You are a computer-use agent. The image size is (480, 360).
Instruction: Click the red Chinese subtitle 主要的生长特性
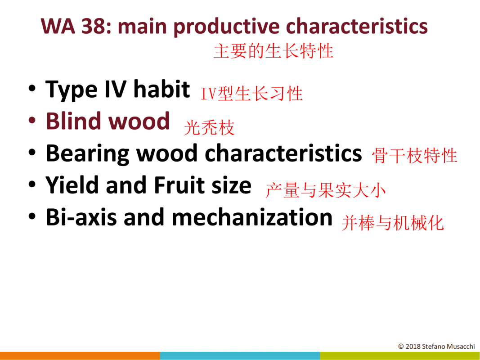(x=274, y=51)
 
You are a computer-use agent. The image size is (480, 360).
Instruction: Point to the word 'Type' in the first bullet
(x=72, y=90)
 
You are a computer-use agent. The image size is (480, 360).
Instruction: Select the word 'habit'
(x=161, y=89)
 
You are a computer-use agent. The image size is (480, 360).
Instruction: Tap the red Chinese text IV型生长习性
(x=251, y=93)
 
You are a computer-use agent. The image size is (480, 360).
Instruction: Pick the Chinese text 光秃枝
(x=209, y=127)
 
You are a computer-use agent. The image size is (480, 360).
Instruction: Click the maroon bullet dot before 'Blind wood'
(x=32, y=121)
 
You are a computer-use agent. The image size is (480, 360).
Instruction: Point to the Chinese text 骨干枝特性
(x=415, y=156)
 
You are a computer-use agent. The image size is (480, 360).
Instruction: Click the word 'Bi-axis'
(x=81, y=217)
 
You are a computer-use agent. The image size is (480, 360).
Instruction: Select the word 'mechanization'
(x=252, y=217)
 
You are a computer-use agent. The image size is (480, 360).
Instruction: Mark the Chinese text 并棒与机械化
(x=392, y=223)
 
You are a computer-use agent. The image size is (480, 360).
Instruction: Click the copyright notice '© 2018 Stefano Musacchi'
(x=436, y=346)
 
